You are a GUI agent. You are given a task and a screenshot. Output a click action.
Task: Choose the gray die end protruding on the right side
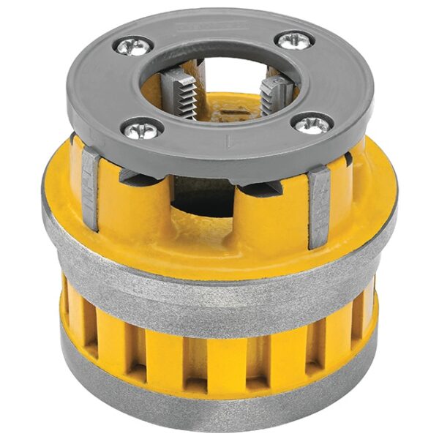pos(319,205)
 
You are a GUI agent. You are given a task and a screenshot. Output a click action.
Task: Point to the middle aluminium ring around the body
pos(219,293)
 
